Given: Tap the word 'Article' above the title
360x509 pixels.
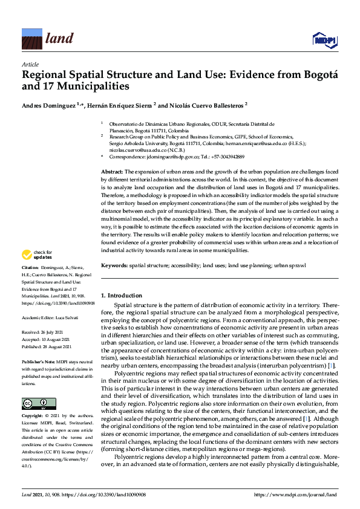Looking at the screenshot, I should coord(30,64).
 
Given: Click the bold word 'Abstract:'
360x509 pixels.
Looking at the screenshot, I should coord(113,173).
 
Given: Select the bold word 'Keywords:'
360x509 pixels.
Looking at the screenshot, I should coord(114,265).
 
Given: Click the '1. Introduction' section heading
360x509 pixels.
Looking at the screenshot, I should coord(122,295).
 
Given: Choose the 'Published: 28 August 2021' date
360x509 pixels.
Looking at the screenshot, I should coord(47,346).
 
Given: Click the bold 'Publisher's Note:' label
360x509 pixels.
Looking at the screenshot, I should coord(39,360).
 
